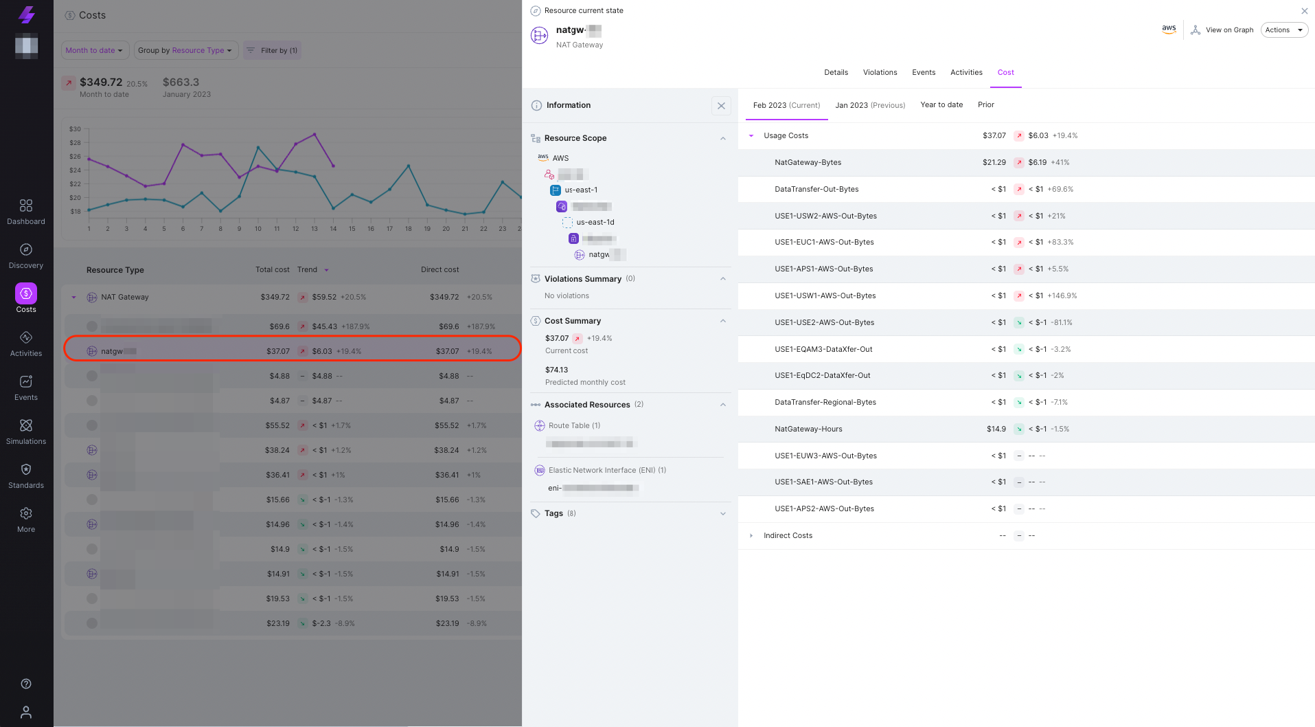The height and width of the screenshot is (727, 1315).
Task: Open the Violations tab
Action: (880, 72)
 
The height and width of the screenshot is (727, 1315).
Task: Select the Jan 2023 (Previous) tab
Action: (869, 105)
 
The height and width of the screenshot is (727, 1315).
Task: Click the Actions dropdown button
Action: (1283, 30)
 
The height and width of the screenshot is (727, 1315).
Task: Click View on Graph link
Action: (1222, 30)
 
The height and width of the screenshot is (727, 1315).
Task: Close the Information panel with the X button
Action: (720, 106)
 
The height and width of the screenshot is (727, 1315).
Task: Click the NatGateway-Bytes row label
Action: (808, 162)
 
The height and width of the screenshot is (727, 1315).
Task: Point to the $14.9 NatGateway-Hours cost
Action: (996, 429)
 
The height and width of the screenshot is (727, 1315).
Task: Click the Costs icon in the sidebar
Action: (26, 294)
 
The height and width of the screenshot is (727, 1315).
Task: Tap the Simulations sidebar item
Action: (26, 432)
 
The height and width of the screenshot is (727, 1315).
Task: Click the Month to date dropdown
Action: (93, 50)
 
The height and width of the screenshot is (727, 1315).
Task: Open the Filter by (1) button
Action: (272, 50)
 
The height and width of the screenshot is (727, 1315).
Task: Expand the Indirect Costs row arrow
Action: (751, 535)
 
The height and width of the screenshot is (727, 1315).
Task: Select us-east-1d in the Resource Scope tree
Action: (595, 222)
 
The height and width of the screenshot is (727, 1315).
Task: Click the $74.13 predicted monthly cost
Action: (556, 370)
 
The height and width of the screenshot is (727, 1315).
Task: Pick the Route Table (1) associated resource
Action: (573, 425)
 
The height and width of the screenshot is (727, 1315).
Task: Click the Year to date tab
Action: (941, 104)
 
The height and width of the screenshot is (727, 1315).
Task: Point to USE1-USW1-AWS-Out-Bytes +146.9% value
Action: (1062, 295)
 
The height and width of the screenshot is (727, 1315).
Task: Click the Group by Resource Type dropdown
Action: (185, 50)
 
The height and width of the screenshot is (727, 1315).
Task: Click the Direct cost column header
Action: (439, 269)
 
